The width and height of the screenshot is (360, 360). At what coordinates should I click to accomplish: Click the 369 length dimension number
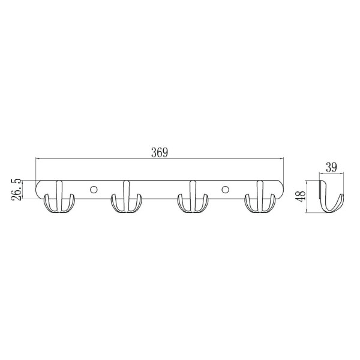160,152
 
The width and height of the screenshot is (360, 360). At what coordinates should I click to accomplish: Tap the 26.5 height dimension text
17,190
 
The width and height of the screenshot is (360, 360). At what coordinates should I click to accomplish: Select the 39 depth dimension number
331,167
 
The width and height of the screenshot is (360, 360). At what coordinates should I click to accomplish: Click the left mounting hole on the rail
94,190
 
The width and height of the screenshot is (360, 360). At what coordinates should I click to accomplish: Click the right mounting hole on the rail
225,190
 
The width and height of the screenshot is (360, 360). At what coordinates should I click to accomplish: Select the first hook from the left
59,197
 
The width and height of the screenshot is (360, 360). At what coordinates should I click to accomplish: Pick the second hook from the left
126,197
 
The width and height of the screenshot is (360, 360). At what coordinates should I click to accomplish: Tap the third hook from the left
193,197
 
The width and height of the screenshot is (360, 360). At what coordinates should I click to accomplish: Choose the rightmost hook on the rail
260,197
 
